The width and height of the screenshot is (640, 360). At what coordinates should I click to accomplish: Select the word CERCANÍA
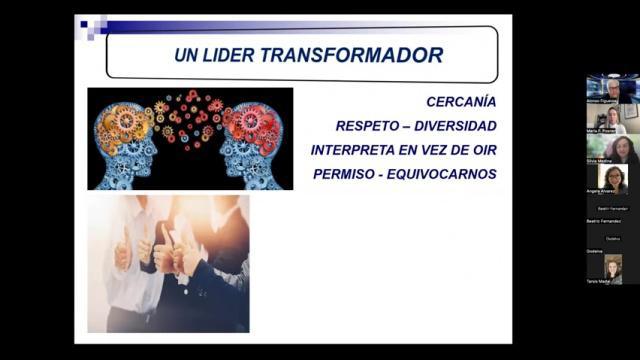(461, 102)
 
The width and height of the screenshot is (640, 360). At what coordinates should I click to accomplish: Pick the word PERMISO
(346, 174)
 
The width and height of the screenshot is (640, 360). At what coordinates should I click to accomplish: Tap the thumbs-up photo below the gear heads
(168, 264)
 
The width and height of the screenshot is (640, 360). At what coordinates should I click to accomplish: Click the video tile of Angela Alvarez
(612, 180)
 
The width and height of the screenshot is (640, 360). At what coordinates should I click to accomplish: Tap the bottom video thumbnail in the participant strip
(612, 267)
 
